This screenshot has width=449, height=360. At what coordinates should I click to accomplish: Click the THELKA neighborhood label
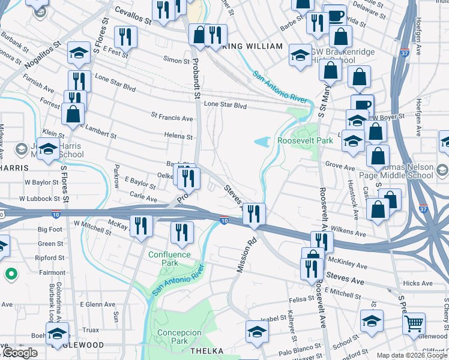pos(207,350)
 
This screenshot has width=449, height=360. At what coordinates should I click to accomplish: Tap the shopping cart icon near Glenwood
pos(414,324)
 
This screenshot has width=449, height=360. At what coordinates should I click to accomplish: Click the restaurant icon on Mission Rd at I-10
pos(254,214)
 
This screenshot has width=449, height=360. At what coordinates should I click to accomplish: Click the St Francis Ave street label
pos(172,118)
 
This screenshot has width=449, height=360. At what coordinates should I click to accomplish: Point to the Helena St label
pos(179,136)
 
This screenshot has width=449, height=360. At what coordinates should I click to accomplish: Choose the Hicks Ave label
pos(418,283)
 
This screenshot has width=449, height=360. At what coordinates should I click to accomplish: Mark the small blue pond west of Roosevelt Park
pos(262,142)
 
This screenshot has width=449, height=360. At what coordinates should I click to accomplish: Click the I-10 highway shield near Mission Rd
pos(223,221)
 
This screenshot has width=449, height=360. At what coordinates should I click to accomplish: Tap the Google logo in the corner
pos(20,353)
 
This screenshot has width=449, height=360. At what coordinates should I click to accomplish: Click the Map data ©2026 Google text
pos(411,355)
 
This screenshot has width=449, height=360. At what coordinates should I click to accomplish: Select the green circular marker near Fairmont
pos(11,275)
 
